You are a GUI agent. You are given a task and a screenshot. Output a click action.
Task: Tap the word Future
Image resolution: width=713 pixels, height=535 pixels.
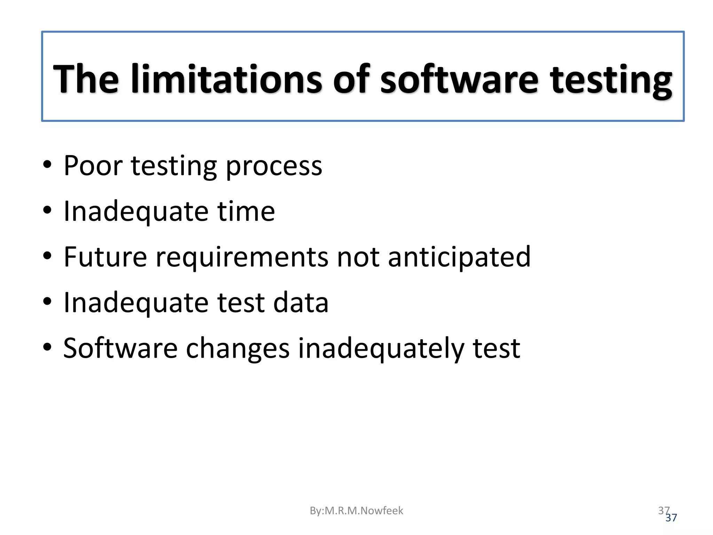click(x=105, y=257)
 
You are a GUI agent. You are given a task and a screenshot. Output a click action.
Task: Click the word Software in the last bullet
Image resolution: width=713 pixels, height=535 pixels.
click(x=120, y=348)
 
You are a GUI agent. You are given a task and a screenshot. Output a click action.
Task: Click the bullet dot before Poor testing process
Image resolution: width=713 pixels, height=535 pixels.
click(x=47, y=164)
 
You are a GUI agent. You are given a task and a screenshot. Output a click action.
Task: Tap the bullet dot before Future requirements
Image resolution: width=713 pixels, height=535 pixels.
click(x=47, y=256)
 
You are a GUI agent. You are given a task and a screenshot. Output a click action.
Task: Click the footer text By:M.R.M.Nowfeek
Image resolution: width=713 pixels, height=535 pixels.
click(x=356, y=511)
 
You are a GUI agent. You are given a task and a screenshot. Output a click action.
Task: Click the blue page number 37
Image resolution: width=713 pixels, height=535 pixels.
click(x=672, y=518)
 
